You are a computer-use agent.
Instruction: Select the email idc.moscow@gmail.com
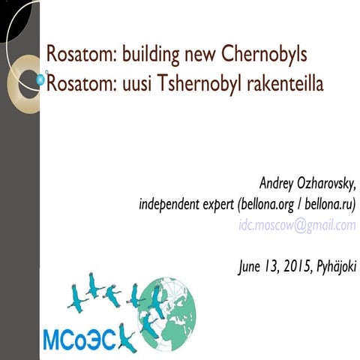[296, 225]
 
